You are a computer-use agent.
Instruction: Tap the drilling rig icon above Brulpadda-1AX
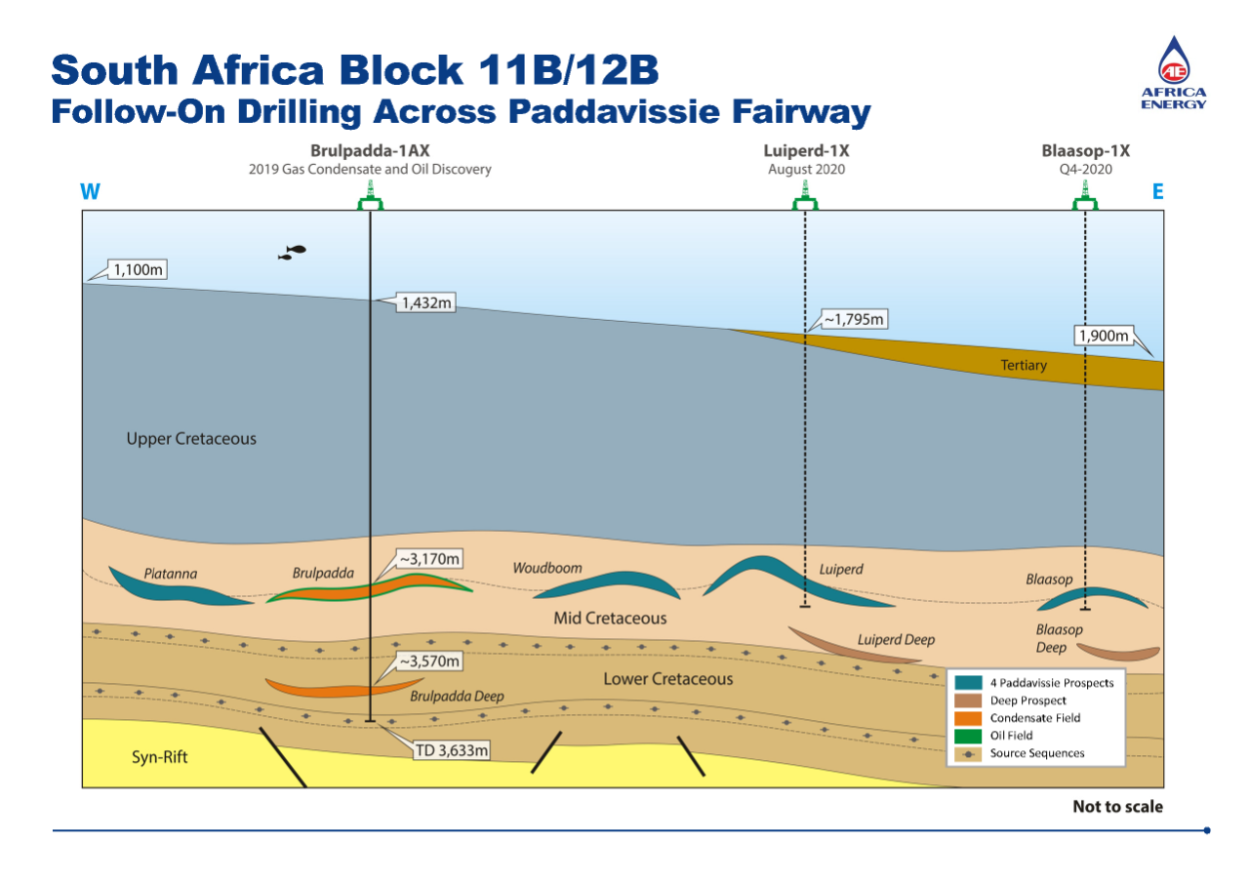point(370,200)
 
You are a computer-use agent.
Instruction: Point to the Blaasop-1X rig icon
point(1086,200)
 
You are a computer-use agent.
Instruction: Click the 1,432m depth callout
point(426,303)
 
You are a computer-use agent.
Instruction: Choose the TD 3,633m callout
point(449,750)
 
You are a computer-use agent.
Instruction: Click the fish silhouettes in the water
point(292,252)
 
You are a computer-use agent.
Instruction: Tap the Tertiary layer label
point(1024,366)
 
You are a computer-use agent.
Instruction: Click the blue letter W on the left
point(91,191)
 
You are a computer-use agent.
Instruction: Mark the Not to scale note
point(1117,807)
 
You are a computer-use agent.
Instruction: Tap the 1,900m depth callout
point(1104,337)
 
